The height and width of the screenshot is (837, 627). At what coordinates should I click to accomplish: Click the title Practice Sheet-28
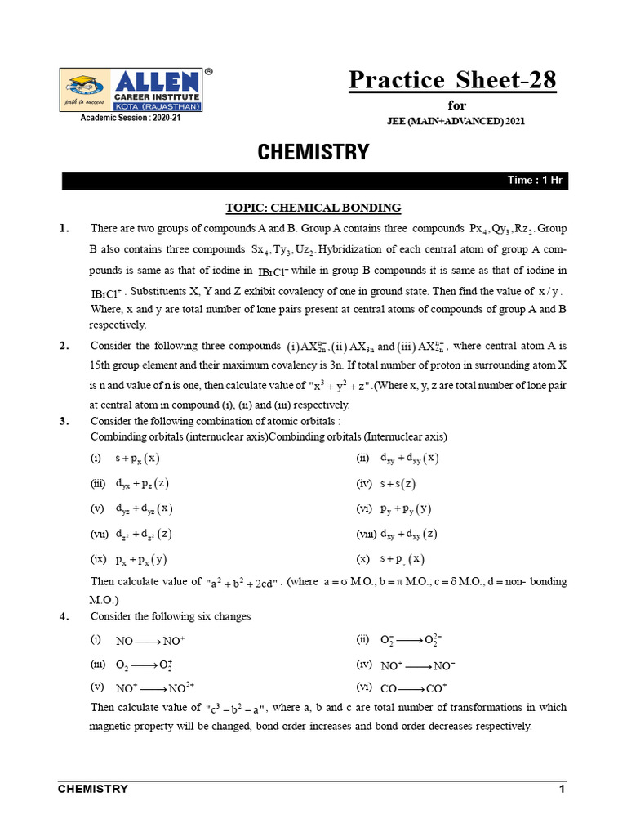[452, 80]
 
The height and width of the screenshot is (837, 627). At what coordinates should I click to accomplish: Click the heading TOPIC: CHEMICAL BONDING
[313, 208]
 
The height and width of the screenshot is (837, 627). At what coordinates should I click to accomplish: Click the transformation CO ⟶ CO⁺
[408, 688]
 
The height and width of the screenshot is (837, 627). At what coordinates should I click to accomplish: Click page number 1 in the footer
[562, 789]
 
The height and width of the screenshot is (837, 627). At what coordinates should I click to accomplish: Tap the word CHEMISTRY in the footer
[93, 789]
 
